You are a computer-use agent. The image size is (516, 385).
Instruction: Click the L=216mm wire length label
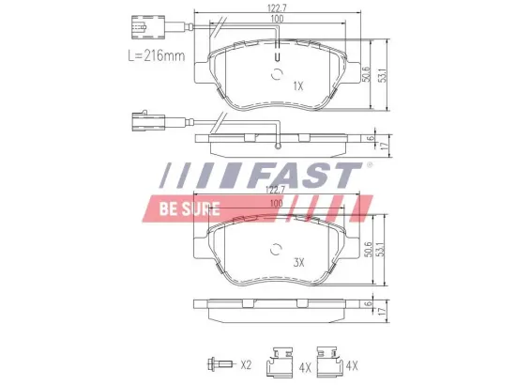pyautogui.click(x=157, y=55)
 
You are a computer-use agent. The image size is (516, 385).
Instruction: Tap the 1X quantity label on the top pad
pyautogui.click(x=298, y=86)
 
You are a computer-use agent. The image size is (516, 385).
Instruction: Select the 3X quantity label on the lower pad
pyautogui.click(x=298, y=263)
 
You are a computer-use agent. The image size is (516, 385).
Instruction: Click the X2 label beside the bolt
pyautogui.click(x=246, y=364)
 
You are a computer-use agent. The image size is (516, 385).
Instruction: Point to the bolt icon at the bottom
pyautogui.click(x=220, y=364)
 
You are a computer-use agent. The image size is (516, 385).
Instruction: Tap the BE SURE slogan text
pyautogui.click(x=190, y=208)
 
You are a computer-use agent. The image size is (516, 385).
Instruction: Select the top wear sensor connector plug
pyautogui.click(x=147, y=27)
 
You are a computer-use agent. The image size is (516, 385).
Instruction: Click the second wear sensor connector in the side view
pyautogui.click(x=148, y=121)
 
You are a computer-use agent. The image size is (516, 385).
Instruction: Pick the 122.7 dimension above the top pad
pyautogui.click(x=278, y=8)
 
